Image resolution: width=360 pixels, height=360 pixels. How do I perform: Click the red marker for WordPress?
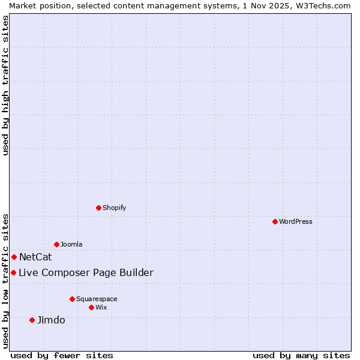(x=275, y=221)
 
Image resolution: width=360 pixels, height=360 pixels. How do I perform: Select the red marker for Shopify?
(x=98, y=208)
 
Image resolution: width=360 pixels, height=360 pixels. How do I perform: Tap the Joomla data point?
(x=56, y=244)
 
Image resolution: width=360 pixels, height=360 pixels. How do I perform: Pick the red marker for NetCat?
(x=14, y=257)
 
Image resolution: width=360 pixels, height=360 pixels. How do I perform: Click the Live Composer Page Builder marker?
(x=13, y=272)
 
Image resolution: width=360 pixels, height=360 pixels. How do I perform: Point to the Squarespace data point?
(x=72, y=299)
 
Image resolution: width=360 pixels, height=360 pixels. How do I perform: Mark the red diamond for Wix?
(x=91, y=307)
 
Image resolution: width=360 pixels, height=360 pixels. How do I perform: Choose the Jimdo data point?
(x=32, y=320)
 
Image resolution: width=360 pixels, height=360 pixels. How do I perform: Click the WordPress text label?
(x=296, y=221)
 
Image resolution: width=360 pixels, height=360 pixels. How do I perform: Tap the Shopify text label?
(x=115, y=208)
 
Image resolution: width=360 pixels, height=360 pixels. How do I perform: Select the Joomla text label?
(x=71, y=244)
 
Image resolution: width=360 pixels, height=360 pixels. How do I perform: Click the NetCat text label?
(x=35, y=257)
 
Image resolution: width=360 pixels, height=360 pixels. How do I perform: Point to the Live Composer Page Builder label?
(x=86, y=273)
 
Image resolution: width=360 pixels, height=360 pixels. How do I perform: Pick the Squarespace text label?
(x=97, y=299)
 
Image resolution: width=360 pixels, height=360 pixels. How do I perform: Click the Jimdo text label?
(x=51, y=320)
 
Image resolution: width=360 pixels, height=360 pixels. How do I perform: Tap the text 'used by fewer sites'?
(x=62, y=355)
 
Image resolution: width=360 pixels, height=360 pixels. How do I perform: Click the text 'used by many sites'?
(x=301, y=355)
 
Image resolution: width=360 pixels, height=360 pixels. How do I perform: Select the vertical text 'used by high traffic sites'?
(x=5, y=85)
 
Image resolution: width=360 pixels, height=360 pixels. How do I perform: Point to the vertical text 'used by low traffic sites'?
(x=5, y=280)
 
